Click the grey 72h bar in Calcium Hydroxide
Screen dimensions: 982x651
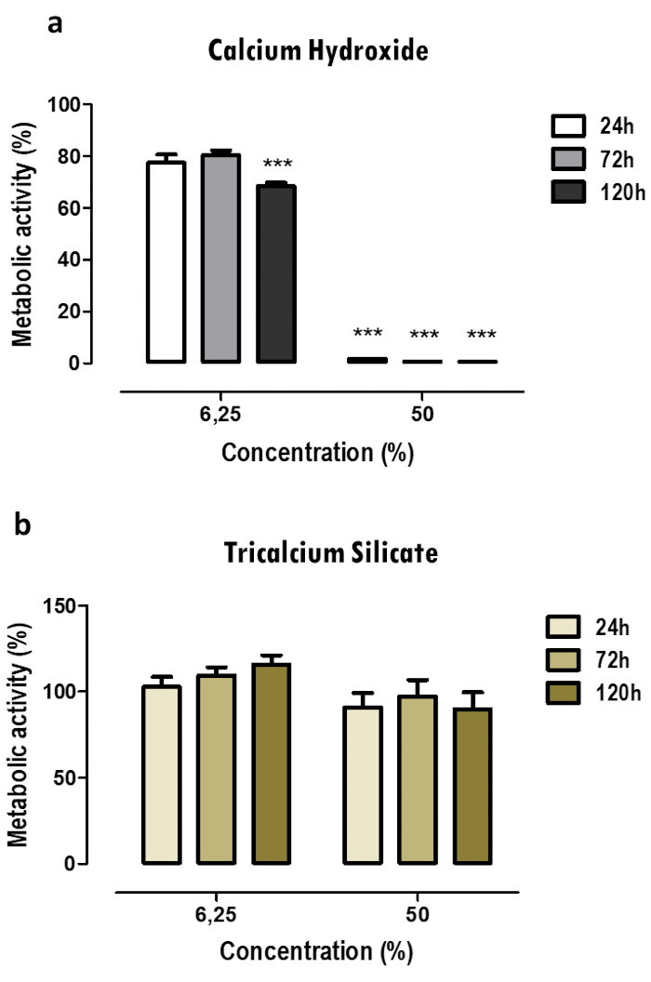click(x=221, y=258)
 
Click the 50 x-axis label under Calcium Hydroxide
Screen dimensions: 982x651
click(x=421, y=415)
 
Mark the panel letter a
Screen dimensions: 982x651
click(x=56, y=24)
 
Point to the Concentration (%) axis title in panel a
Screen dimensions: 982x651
click(x=317, y=454)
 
